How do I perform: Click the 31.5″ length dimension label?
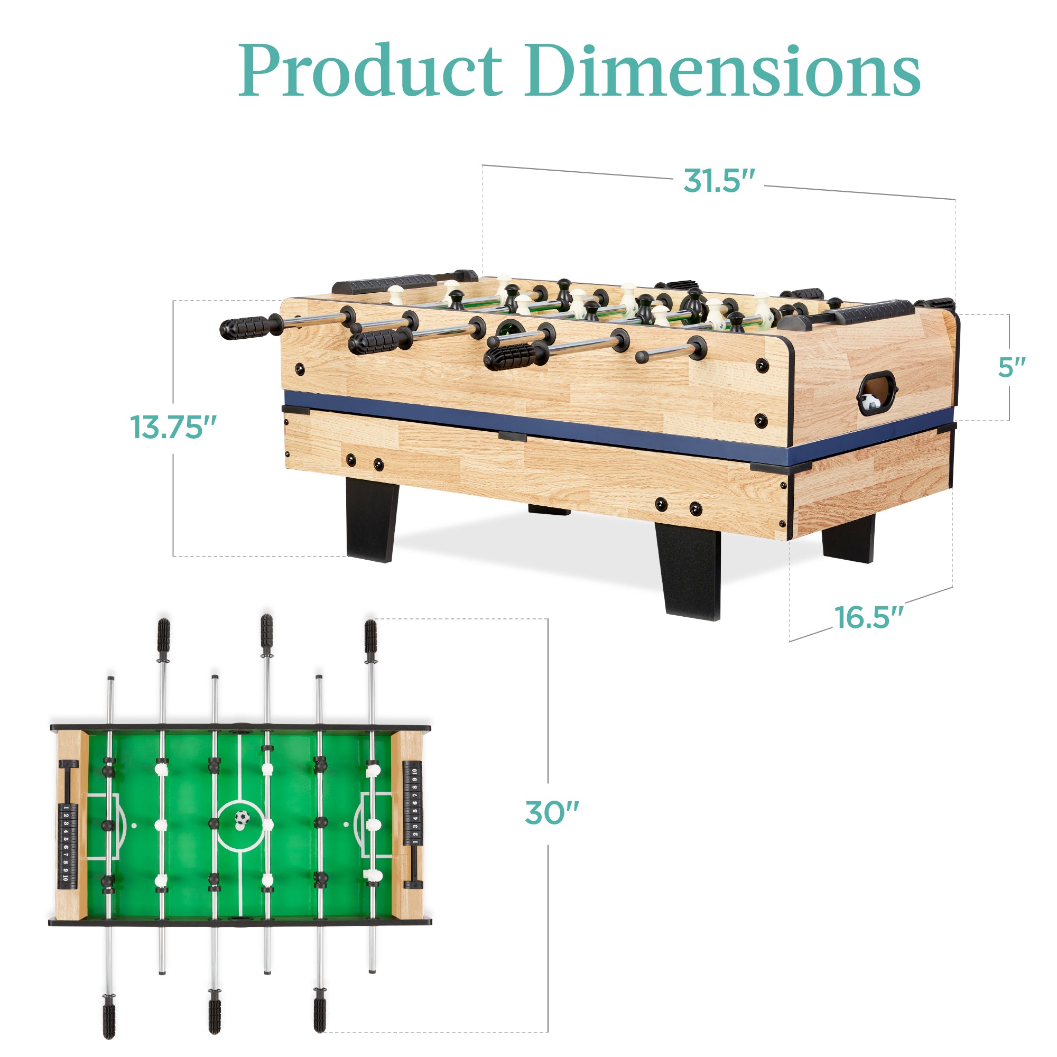pyautogui.click(x=718, y=181)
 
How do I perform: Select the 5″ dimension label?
pyautogui.click(x=1011, y=367)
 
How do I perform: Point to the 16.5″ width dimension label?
pyautogui.click(x=868, y=618)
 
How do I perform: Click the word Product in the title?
pyautogui.click(x=370, y=71)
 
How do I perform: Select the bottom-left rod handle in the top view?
pyautogui.click(x=109, y=1016)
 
